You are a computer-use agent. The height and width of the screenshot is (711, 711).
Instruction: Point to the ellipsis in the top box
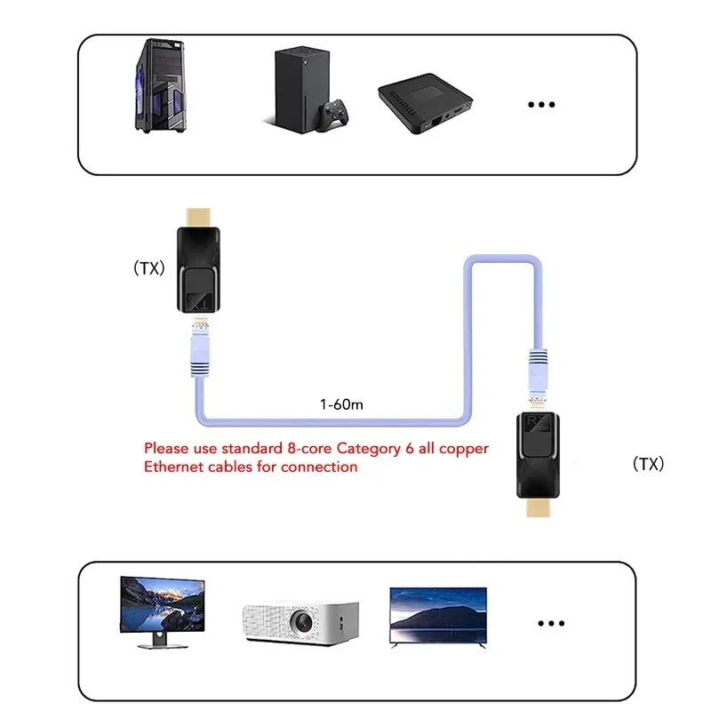540,105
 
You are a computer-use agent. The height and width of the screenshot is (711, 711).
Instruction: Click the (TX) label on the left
148,268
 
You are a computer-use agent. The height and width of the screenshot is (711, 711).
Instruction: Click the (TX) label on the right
648,464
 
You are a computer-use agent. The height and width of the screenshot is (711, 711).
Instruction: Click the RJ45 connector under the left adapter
198,348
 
